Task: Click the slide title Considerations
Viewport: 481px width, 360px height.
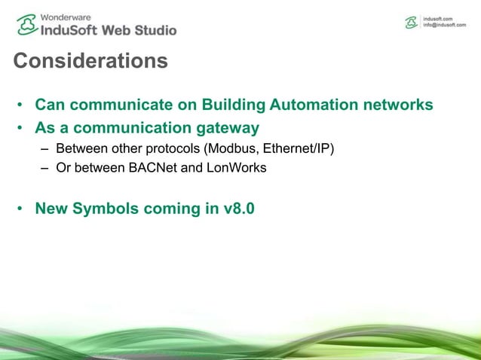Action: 90,60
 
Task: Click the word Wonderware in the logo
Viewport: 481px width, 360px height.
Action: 66,15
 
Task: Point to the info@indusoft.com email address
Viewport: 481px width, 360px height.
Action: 449,25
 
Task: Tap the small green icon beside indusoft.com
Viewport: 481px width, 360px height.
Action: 412,23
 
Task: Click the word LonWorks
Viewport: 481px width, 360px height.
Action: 234,168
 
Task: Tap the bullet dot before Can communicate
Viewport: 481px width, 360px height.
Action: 21,105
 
